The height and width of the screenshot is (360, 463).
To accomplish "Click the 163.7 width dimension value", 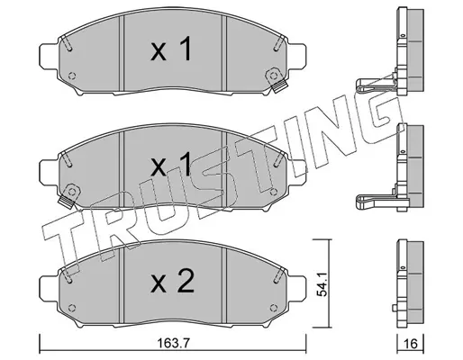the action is point(175,343).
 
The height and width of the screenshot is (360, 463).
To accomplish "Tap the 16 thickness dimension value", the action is point(411,344).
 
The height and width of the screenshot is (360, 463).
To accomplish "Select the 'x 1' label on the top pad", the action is point(171,49).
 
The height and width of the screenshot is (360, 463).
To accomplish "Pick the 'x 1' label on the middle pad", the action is point(171,164).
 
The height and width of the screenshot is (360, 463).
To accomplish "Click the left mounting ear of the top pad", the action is point(49,56).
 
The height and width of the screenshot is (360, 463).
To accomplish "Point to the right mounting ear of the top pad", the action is point(297,56).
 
